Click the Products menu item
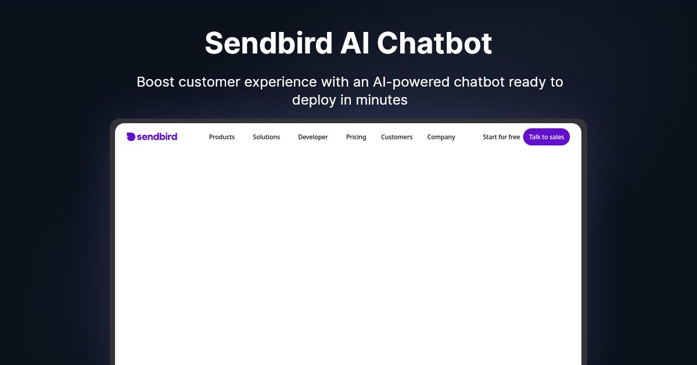[222, 137]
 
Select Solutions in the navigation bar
[267, 137]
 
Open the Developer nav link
[313, 137]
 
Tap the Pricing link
[356, 137]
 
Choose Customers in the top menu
[397, 137]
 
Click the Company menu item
[441, 137]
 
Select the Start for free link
[501, 137]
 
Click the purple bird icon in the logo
[131, 137]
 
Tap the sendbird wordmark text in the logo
[157, 137]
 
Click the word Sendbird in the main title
[268, 43]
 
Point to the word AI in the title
[354, 43]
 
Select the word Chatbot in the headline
[434, 43]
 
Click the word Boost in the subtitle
[156, 82]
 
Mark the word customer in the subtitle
[209, 83]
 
